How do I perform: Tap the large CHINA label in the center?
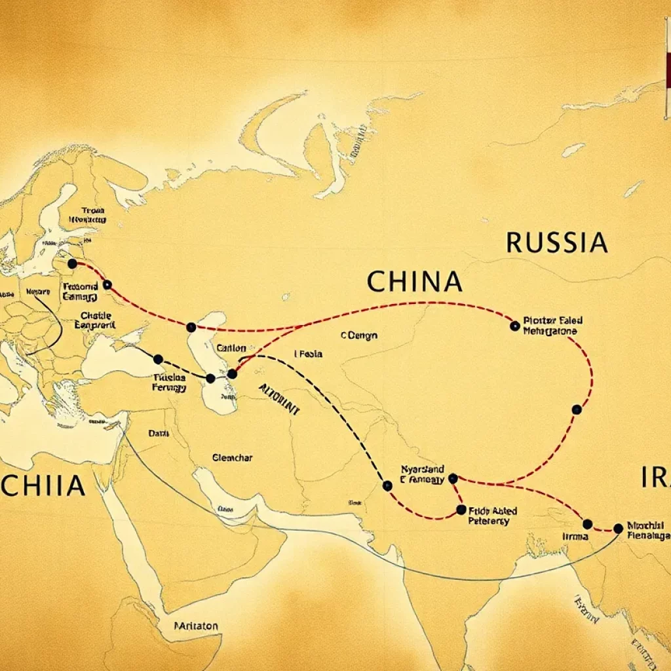coord(414,281)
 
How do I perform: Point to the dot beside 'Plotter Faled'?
coord(514,325)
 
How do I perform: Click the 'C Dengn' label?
coord(359,335)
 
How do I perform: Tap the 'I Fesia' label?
coord(308,354)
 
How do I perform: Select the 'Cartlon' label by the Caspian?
coord(231,348)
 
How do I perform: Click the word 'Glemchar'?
coord(233,457)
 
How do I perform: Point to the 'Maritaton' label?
coord(197,626)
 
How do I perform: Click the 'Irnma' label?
coord(576,536)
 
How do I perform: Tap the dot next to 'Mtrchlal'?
coord(618,528)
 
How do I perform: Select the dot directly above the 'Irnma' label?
coord(587,524)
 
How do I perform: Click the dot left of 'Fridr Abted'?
coord(461,510)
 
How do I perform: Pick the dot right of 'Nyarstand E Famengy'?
coord(452,479)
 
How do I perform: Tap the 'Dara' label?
coord(158,433)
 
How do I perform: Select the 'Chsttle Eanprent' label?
coord(94,319)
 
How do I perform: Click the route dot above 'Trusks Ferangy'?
coord(158,359)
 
